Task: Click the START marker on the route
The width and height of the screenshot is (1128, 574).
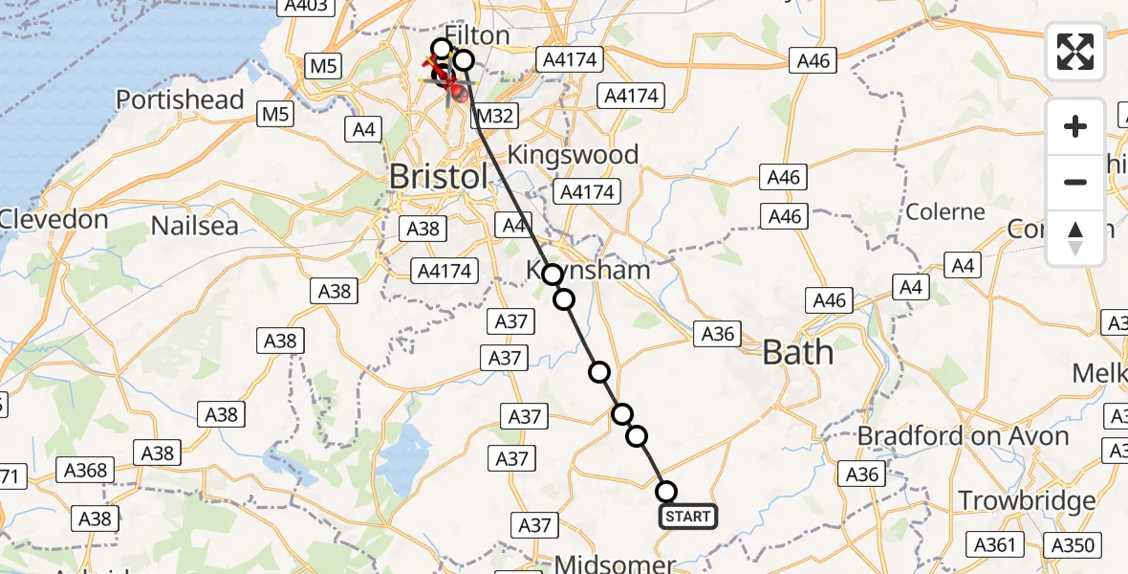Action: coord(687,518)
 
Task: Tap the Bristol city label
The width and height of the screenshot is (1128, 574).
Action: coord(439,176)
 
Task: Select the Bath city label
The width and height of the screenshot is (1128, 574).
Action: coord(797,353)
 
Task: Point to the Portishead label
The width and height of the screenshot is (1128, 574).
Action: coord(180,99)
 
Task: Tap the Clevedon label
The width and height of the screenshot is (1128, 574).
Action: coord(53,219)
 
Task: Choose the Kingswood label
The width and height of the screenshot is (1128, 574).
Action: coord(574,154)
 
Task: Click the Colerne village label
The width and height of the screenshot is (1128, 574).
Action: coord(944,211)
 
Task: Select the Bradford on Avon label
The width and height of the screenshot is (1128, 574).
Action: coord(963,436)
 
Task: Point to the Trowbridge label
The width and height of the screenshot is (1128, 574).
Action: coord(1027,500)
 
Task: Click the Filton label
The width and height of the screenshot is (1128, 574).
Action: coord(477,36)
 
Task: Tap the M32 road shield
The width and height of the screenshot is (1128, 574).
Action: coord(495,117)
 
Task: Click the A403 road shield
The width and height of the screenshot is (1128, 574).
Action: coord(307,7)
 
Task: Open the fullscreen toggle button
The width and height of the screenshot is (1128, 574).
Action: coord(1075,52)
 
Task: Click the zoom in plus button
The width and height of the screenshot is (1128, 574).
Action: coord(1075,126)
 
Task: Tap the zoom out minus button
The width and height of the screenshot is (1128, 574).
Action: coord(1075,182)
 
